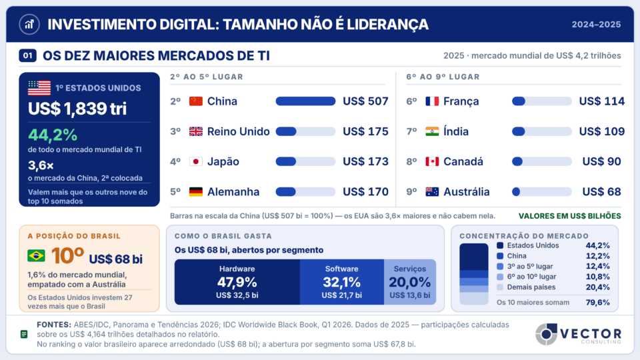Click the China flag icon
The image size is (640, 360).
[196, 101]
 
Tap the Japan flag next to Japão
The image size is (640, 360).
[196, 161]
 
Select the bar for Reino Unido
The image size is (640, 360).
[305, 131]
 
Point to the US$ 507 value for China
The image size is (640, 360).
[365, 101]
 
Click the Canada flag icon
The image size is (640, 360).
[432, 161]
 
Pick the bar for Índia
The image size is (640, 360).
[541, 131]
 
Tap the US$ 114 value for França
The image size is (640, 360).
[601, 101]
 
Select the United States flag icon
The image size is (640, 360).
[39, 88]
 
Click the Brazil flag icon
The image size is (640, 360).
[36, 256]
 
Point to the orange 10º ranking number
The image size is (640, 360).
[67, 256]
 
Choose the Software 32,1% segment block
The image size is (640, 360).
[341, 282]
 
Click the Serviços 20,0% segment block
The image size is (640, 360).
[410, 282]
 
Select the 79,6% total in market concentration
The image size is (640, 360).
[597, 303]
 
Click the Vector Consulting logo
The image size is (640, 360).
[579, 334]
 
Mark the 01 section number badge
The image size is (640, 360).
[28, 55]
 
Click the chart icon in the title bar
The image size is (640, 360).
[29, 25]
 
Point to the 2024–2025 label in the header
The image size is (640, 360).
[596, 25]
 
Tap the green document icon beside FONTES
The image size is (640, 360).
[24, 334]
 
